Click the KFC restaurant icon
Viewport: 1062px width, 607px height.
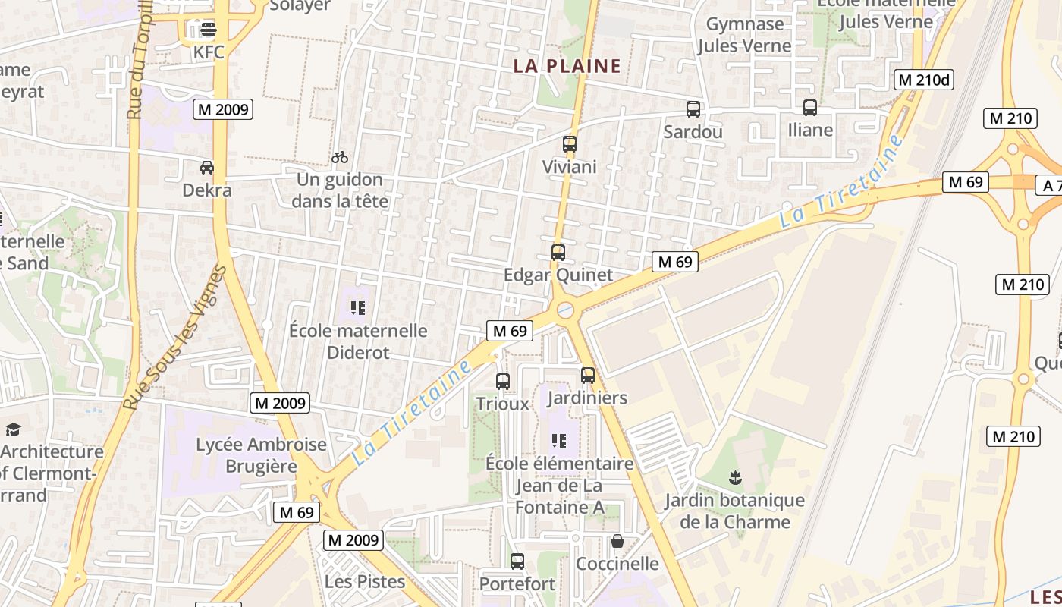pyautogui.click(x=209, y=30)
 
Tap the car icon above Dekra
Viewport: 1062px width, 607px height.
pyautogui.click(x=206, y=168)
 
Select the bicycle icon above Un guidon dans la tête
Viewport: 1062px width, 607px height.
pyautogui.click(x=340, y=157)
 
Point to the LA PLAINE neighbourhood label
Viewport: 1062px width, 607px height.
pyautogui.click(x=567, y=66)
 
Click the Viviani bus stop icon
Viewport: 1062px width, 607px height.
pyautogui.click(x=570, y=144)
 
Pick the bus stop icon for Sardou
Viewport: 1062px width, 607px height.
pyautogui.click(x=693, y=109)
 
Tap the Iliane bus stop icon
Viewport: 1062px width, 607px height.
pyautogui.click(x=810, y=108)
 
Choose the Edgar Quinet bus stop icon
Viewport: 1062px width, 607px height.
pyautogui.click(x=558, y=253)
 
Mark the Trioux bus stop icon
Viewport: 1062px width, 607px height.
pyautogui.click(x=503, y=382)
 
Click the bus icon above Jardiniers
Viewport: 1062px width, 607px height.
pyautogui.click(x=588, y=375)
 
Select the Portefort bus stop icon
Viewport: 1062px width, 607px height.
pyautogui.click(x=517, y=561)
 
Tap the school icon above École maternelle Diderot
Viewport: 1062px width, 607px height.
pyautogui.click(x=358, y=308)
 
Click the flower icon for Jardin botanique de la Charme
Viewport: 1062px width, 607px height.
pyautogui.click(x=734, y=478)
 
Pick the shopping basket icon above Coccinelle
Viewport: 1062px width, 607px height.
pyautogui.click(x=617, y=541)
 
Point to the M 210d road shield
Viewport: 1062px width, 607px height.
pyautogui.click(x=923, y=80)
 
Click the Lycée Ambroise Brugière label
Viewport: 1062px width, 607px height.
pyautogui.click(x=261, y=454)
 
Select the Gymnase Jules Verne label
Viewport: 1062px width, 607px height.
pyautogui.click(x=744, y=35)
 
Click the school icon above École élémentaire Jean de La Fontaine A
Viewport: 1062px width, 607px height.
pyautogui.click(x=560, y=441)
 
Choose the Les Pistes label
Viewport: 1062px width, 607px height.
pyautogui.click(x=365, y=582)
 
